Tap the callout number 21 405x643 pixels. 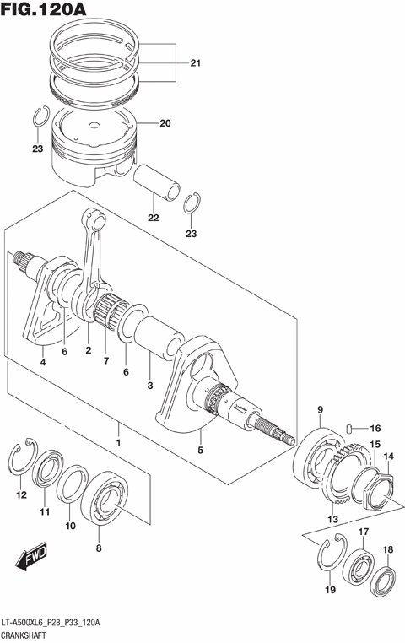195,63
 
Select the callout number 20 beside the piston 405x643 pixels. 165,123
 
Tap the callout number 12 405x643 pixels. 21,496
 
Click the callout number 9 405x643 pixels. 320,411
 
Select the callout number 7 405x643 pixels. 106,360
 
